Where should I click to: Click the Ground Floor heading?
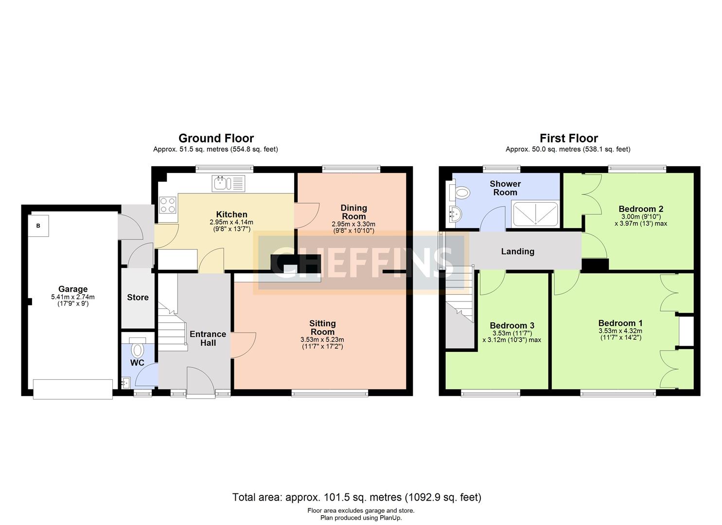[216, 138]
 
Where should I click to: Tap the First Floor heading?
[569, 138]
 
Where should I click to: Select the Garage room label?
[73, 289]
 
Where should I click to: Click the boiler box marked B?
[38, 226]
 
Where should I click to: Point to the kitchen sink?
[228, 183]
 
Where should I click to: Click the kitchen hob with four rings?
[168, 205]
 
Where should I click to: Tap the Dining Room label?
[353, 212]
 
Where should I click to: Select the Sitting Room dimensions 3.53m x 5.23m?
[322, 339]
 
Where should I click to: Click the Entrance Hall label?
[208, 338]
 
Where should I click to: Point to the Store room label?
[138, 297]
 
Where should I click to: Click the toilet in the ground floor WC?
[138, 349]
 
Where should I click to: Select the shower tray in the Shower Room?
[535, 214]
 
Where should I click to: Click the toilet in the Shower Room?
[459, 193]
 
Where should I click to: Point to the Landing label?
[518, 251]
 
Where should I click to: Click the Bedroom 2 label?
[641, 209]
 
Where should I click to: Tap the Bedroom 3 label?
[512, 326]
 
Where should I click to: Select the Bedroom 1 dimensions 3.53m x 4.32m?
[620, 331]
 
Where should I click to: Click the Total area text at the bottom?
[357, 497]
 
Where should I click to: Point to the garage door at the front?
[73, 389]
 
